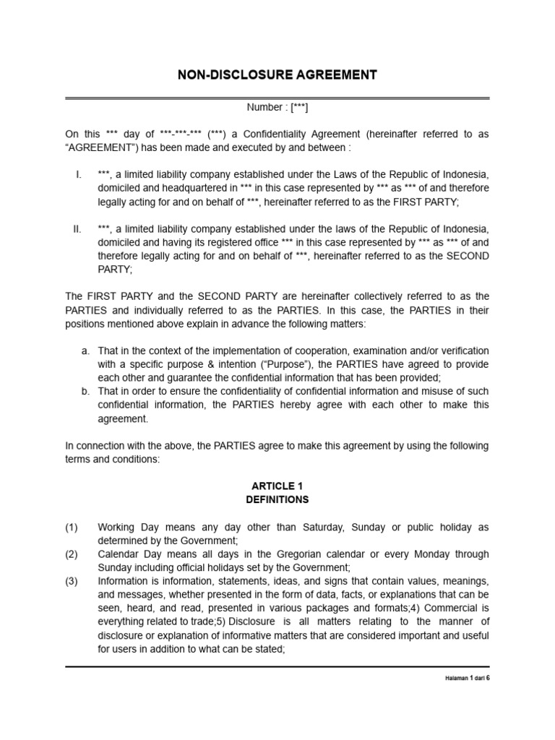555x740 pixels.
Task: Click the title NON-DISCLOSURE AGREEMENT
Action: [x=277, y=74]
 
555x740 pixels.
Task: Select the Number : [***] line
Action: [x=277, y=108]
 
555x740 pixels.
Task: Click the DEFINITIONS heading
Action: [x=277, y=499]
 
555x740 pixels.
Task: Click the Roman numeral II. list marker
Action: [x=77, y=229]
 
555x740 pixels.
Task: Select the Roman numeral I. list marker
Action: [x=79, y=175]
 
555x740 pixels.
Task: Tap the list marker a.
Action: [x=85, y=350]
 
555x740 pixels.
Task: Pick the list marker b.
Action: [x=85, y=391]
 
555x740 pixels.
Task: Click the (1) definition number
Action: [x=72, y=527]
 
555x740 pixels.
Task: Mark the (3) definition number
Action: [x=72, y=581]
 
